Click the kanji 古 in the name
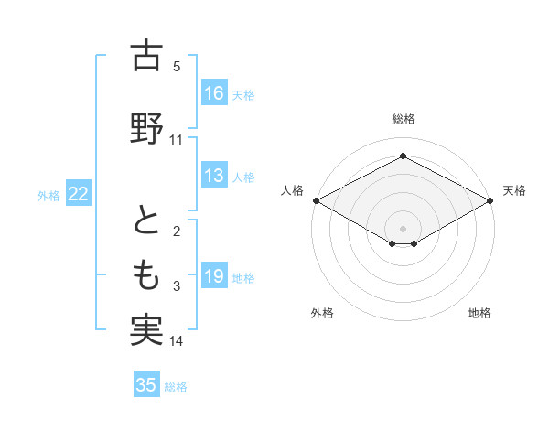[146, 57]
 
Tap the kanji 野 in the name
[146, 129]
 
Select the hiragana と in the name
[146, 221]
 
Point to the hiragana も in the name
[146, 274]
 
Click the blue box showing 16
[214, 92]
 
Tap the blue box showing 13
[214, 176]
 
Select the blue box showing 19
[214, 276]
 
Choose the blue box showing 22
[79, 193]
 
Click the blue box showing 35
[146, 385]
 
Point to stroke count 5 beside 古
[177, 66]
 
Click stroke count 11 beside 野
[177, 140]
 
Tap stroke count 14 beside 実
[177, 341]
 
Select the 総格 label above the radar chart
[403, 119]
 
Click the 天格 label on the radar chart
[514, 190]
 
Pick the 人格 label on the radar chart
[292, 190]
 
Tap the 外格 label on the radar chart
[322, 313]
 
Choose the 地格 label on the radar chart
[479, 313]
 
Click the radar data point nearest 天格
[490, 199]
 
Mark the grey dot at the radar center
[403, 227]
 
